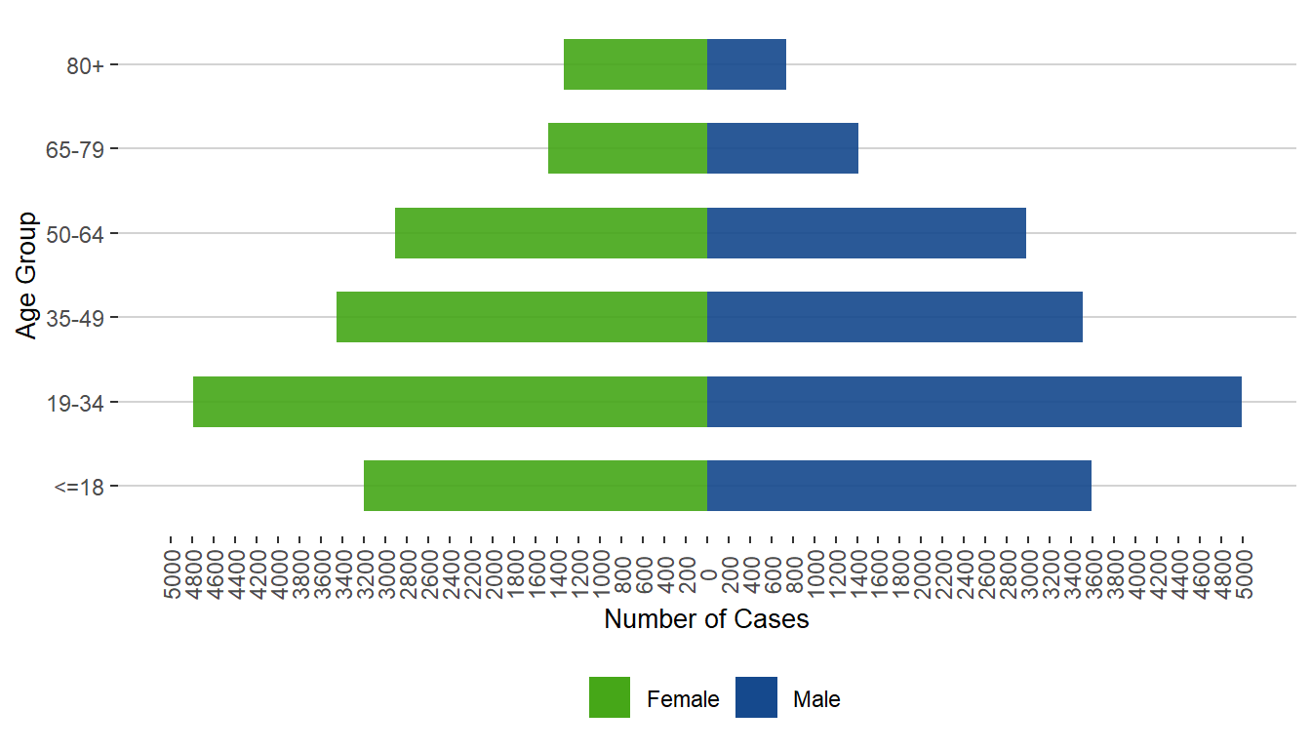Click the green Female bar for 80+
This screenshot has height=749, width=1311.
(635, 64)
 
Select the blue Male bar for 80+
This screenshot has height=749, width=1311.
(746, 64)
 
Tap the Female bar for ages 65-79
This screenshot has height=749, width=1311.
(627, 148)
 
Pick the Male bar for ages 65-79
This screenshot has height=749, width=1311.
(782, 148)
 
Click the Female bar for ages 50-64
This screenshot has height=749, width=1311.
(551, 233)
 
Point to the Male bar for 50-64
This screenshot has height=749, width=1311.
(866, 233)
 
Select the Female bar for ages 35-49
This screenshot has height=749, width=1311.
(522, 317)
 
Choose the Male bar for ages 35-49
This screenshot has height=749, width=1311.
(894, 317)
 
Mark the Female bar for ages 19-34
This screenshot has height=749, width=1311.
(450, 402)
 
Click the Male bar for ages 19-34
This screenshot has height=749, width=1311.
(974, 402)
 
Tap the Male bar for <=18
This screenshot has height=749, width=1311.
(898, 486)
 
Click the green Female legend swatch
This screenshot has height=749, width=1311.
(610, 697)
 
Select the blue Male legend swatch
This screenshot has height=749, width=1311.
(756, 697)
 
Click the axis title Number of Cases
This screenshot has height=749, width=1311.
(706, 619)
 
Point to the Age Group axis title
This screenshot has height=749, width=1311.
(27, 275)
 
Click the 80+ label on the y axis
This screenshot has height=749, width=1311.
(87, 65)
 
